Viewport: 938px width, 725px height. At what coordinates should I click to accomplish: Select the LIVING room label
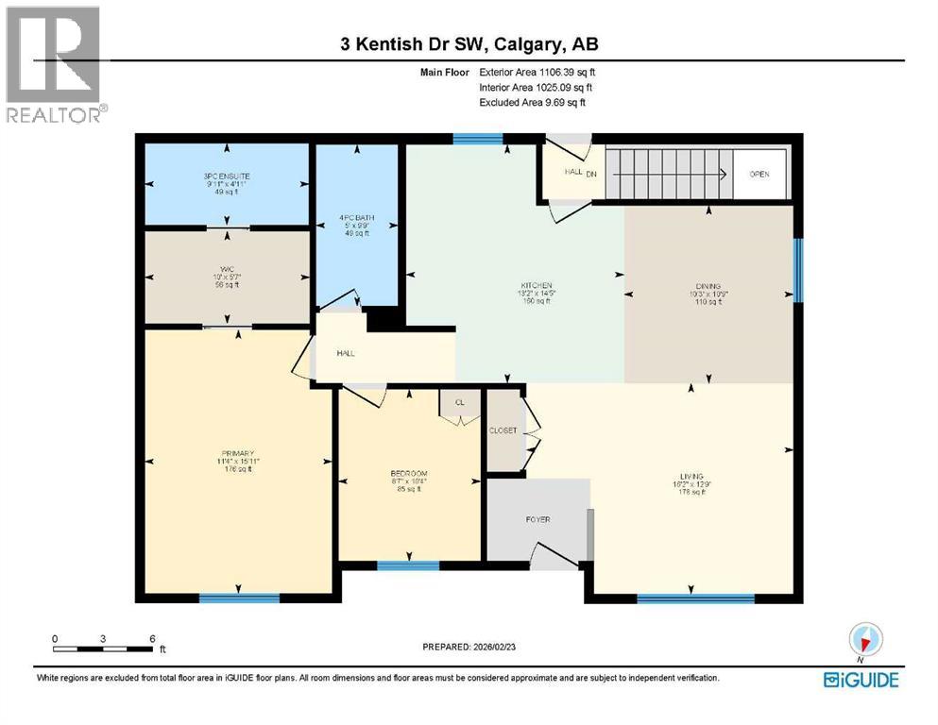tap(692, 476)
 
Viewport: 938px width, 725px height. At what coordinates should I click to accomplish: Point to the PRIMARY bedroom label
tap(238, 453)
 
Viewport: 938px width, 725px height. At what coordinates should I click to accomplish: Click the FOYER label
tap(537, 519)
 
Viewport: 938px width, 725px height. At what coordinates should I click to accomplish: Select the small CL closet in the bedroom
tap(460, 402)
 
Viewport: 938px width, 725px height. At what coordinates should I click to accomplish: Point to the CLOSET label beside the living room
tap(503, 430)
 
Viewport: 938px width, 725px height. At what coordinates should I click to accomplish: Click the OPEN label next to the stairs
tap(759, 175)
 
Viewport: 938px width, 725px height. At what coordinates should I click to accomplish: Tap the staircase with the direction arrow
tap(667, 174)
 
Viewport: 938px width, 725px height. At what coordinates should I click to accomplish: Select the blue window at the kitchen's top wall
tap(477, 140)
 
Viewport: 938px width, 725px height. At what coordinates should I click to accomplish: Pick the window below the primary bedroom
tap(239, 598)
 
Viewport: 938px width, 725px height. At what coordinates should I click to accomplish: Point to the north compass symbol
tap(864, 639)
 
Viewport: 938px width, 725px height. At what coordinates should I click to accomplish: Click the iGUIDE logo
tap(861, 680)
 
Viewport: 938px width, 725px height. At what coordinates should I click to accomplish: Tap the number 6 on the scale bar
tap(152, 638)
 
